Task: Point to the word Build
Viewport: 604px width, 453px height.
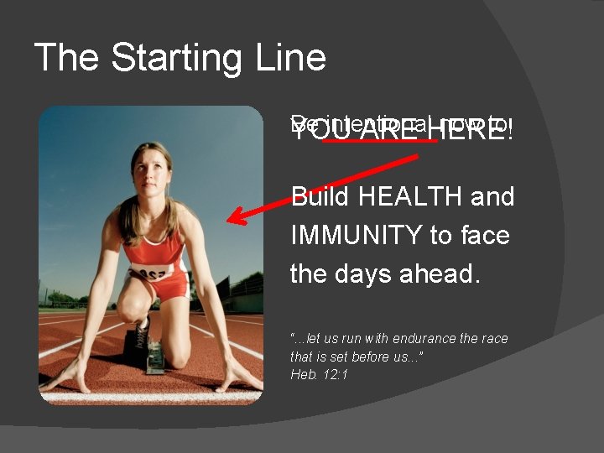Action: pos(321,197)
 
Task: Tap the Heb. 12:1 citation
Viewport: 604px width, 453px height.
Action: pos(319,374)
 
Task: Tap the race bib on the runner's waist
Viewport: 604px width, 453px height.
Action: pos(151,273)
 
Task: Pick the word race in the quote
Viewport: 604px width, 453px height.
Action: pos(495,339)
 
